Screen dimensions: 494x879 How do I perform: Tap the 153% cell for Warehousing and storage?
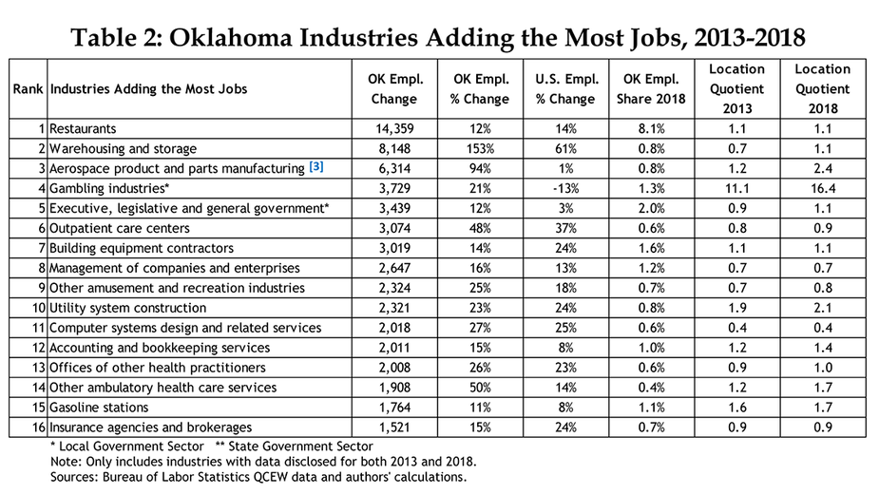481,148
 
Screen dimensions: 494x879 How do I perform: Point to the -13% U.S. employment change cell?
567,188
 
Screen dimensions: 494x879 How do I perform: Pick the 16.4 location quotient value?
822,188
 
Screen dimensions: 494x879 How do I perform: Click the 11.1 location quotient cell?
736,188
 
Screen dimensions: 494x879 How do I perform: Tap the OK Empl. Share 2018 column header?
651,89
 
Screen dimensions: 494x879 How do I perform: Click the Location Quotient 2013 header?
736,88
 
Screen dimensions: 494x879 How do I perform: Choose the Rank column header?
27,89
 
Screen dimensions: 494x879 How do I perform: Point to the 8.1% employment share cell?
651,128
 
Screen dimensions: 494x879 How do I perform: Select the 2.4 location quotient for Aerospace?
822,168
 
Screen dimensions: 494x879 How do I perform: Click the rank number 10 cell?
35,308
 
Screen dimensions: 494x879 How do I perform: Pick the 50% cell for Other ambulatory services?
481,388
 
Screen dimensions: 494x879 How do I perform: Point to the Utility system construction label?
127,308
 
